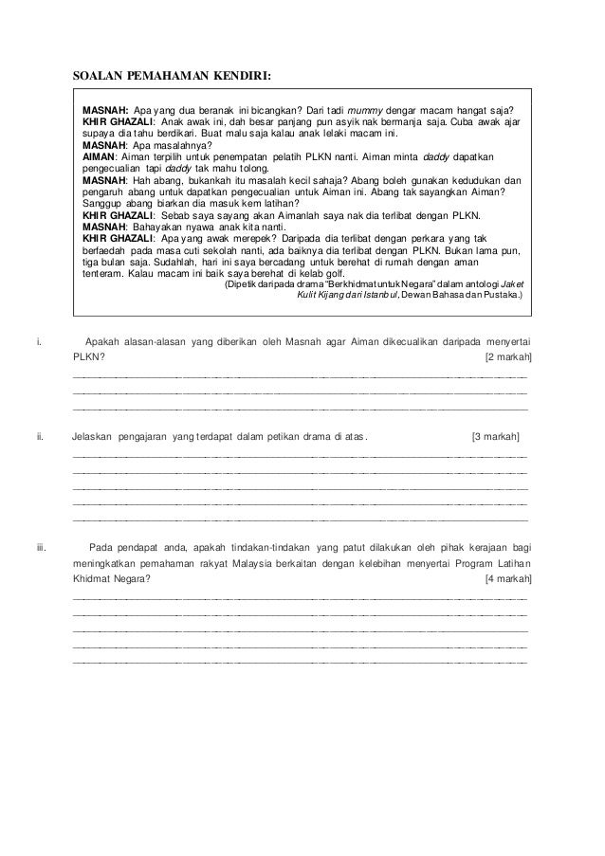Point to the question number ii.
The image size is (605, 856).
point(39,437)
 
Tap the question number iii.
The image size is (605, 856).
point(41,547)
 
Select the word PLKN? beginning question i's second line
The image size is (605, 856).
point(89,356)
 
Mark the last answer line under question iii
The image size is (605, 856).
point(300,662)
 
